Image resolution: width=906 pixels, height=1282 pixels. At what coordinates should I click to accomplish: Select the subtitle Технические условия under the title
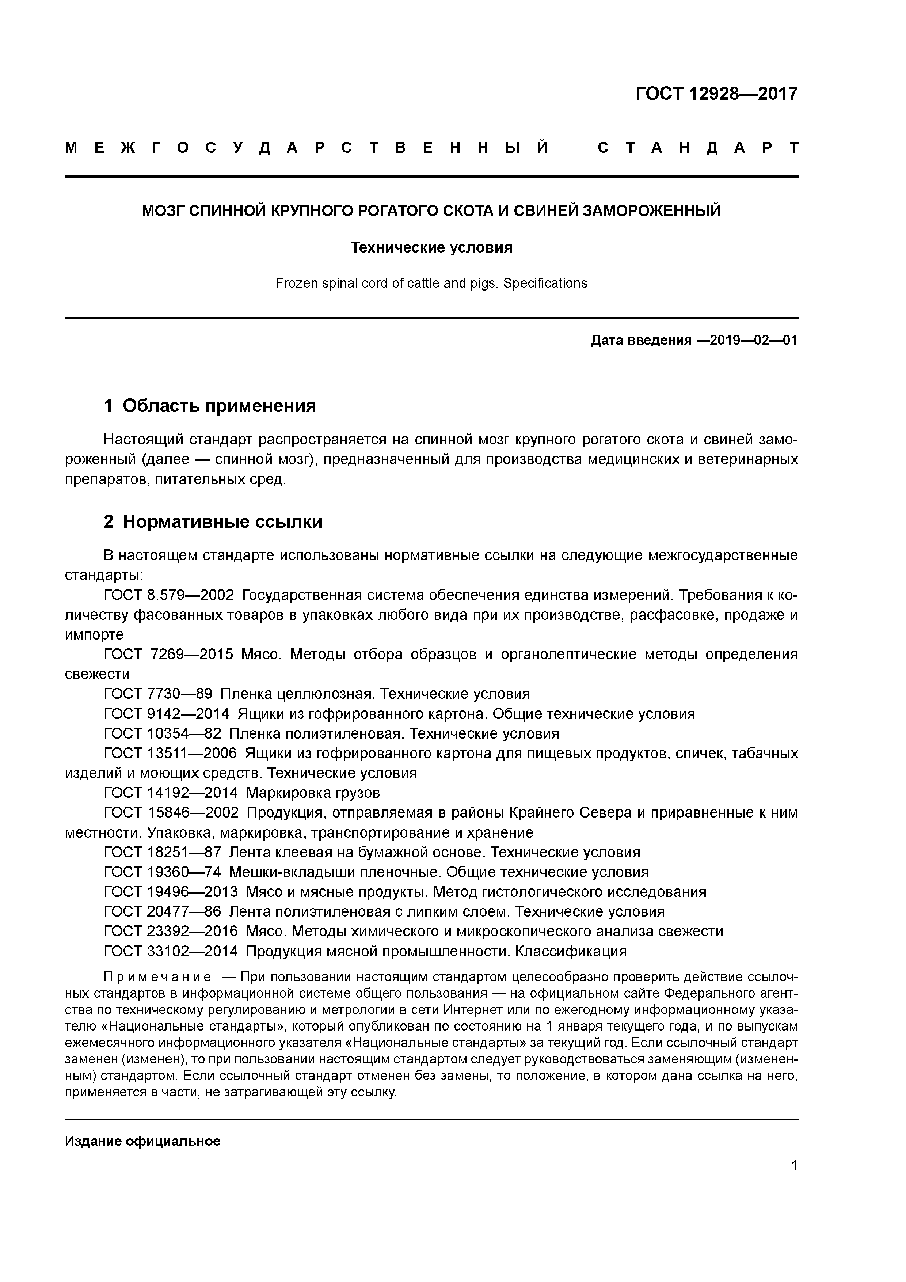pyautogui.click(x=431, y=247)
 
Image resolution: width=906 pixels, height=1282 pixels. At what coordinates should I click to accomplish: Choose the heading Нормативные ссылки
pyautogui.click(x=222, y=521)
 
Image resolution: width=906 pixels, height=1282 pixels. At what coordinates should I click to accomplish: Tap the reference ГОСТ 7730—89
pyautogui.click(x=158, y=694)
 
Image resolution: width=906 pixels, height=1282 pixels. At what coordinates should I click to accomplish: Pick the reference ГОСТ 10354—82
pyautogui.click(x=163, y=733)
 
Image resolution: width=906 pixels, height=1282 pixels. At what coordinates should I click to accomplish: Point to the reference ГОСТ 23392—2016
pyautogui.click(x=171, y=931)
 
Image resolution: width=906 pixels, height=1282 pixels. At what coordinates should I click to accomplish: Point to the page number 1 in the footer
pyautogui.click(x=794, y=1166)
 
